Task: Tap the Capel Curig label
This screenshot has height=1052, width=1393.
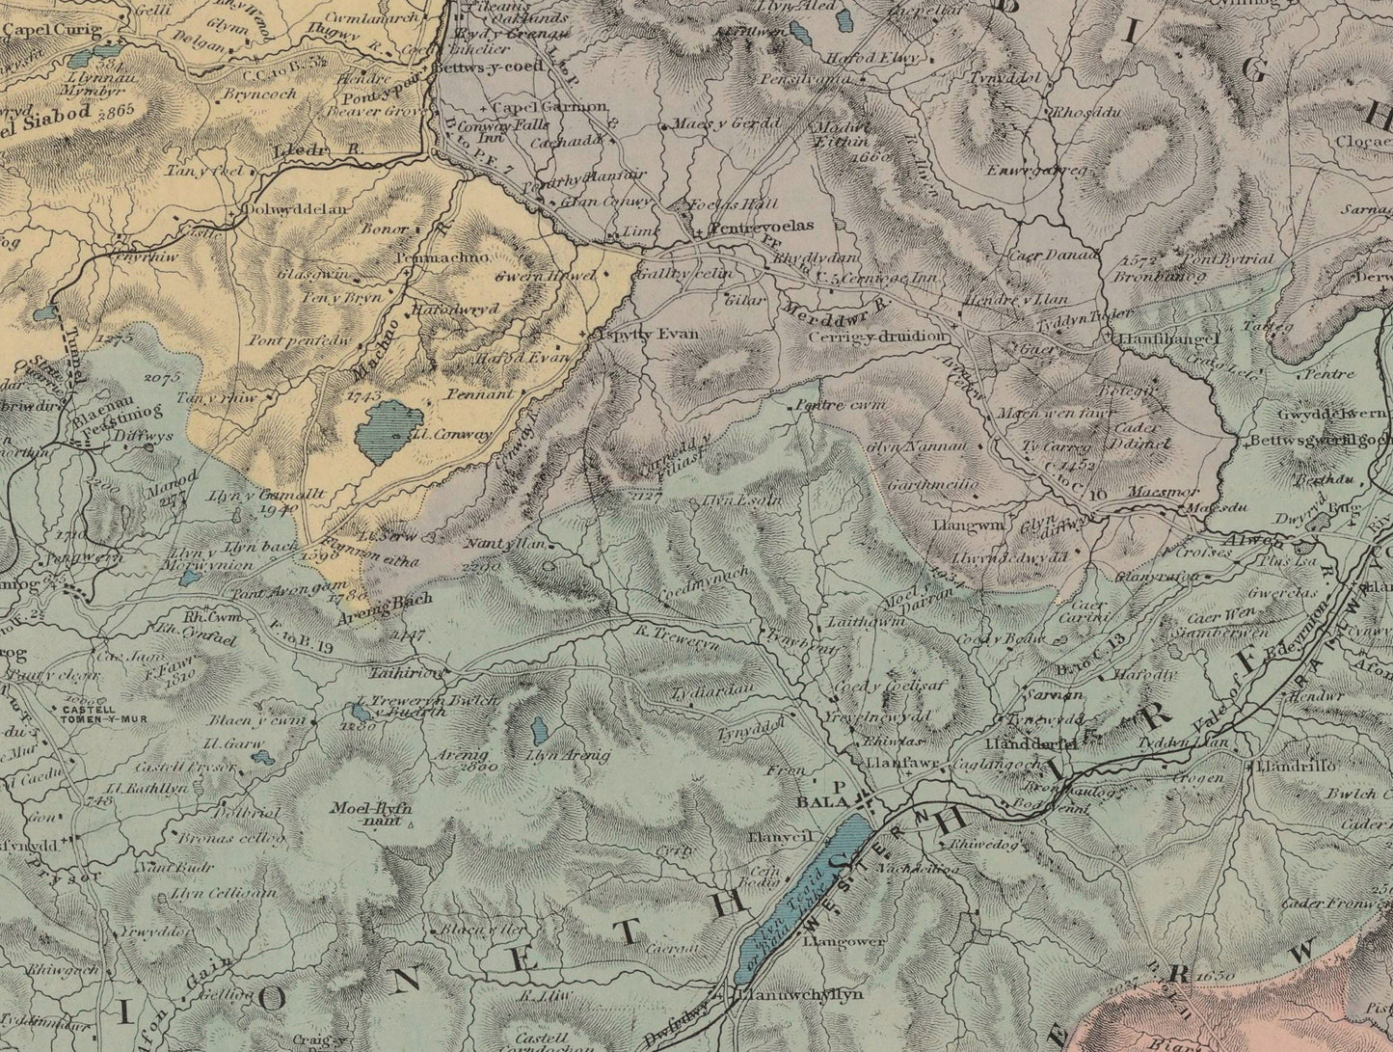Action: point(40,30)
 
